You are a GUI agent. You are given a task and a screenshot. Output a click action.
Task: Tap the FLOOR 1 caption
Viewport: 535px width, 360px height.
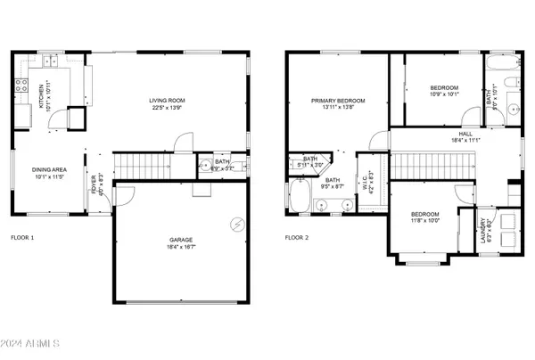[22, 238]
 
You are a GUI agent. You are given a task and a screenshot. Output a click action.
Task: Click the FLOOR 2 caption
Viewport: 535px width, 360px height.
[297, 238]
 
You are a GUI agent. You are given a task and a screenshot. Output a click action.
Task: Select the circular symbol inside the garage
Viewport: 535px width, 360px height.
[237, 223]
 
